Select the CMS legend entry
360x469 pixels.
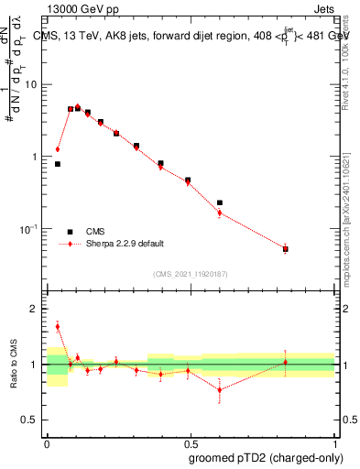(x=107, y=232)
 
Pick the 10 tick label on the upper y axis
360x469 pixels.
(x=35, y=85)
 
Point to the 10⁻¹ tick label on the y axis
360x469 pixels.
(x=33, y=229)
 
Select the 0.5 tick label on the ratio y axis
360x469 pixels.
(x=34, y=420)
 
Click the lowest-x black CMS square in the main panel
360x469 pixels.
(x=58, y=164)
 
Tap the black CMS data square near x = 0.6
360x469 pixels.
(x=220, y=202)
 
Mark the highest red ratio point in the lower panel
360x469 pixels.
(x=58, y=326)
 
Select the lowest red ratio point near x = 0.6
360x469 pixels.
(x=220, y=389)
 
